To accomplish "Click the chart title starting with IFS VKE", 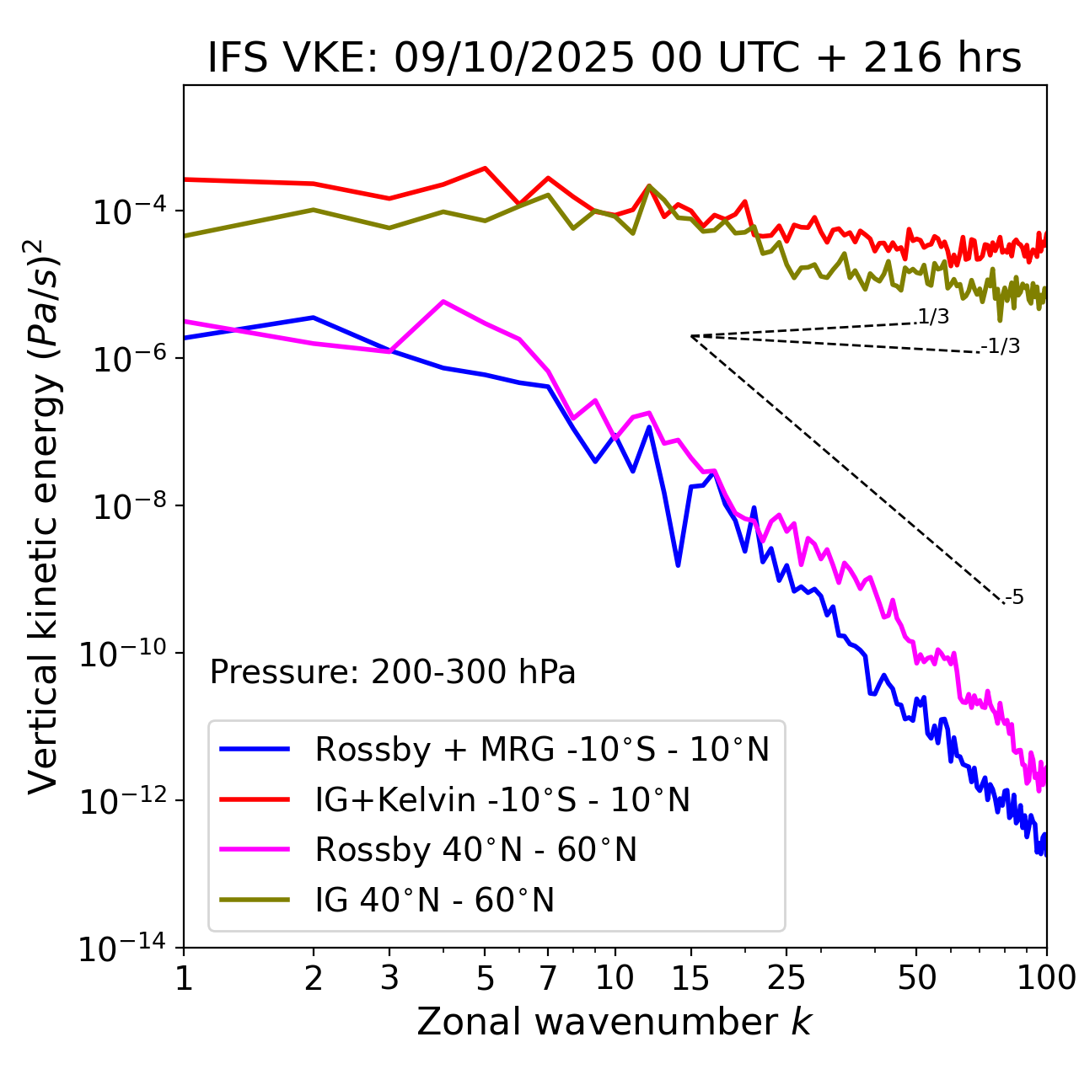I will pos(615,59).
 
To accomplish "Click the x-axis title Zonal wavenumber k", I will pos(615,1022).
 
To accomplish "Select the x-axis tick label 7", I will pos(548,978).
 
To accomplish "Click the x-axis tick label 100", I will pos(1046,978).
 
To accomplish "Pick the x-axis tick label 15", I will pos(690,978).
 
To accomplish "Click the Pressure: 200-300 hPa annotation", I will pos(393,672).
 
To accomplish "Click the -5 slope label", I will pos(1015,598).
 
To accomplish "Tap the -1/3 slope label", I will pos(1001,346).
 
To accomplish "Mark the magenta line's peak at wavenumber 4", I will pos(443,301).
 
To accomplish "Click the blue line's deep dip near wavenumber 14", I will pos(678,565).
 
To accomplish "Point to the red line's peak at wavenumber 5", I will pos(485,168).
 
